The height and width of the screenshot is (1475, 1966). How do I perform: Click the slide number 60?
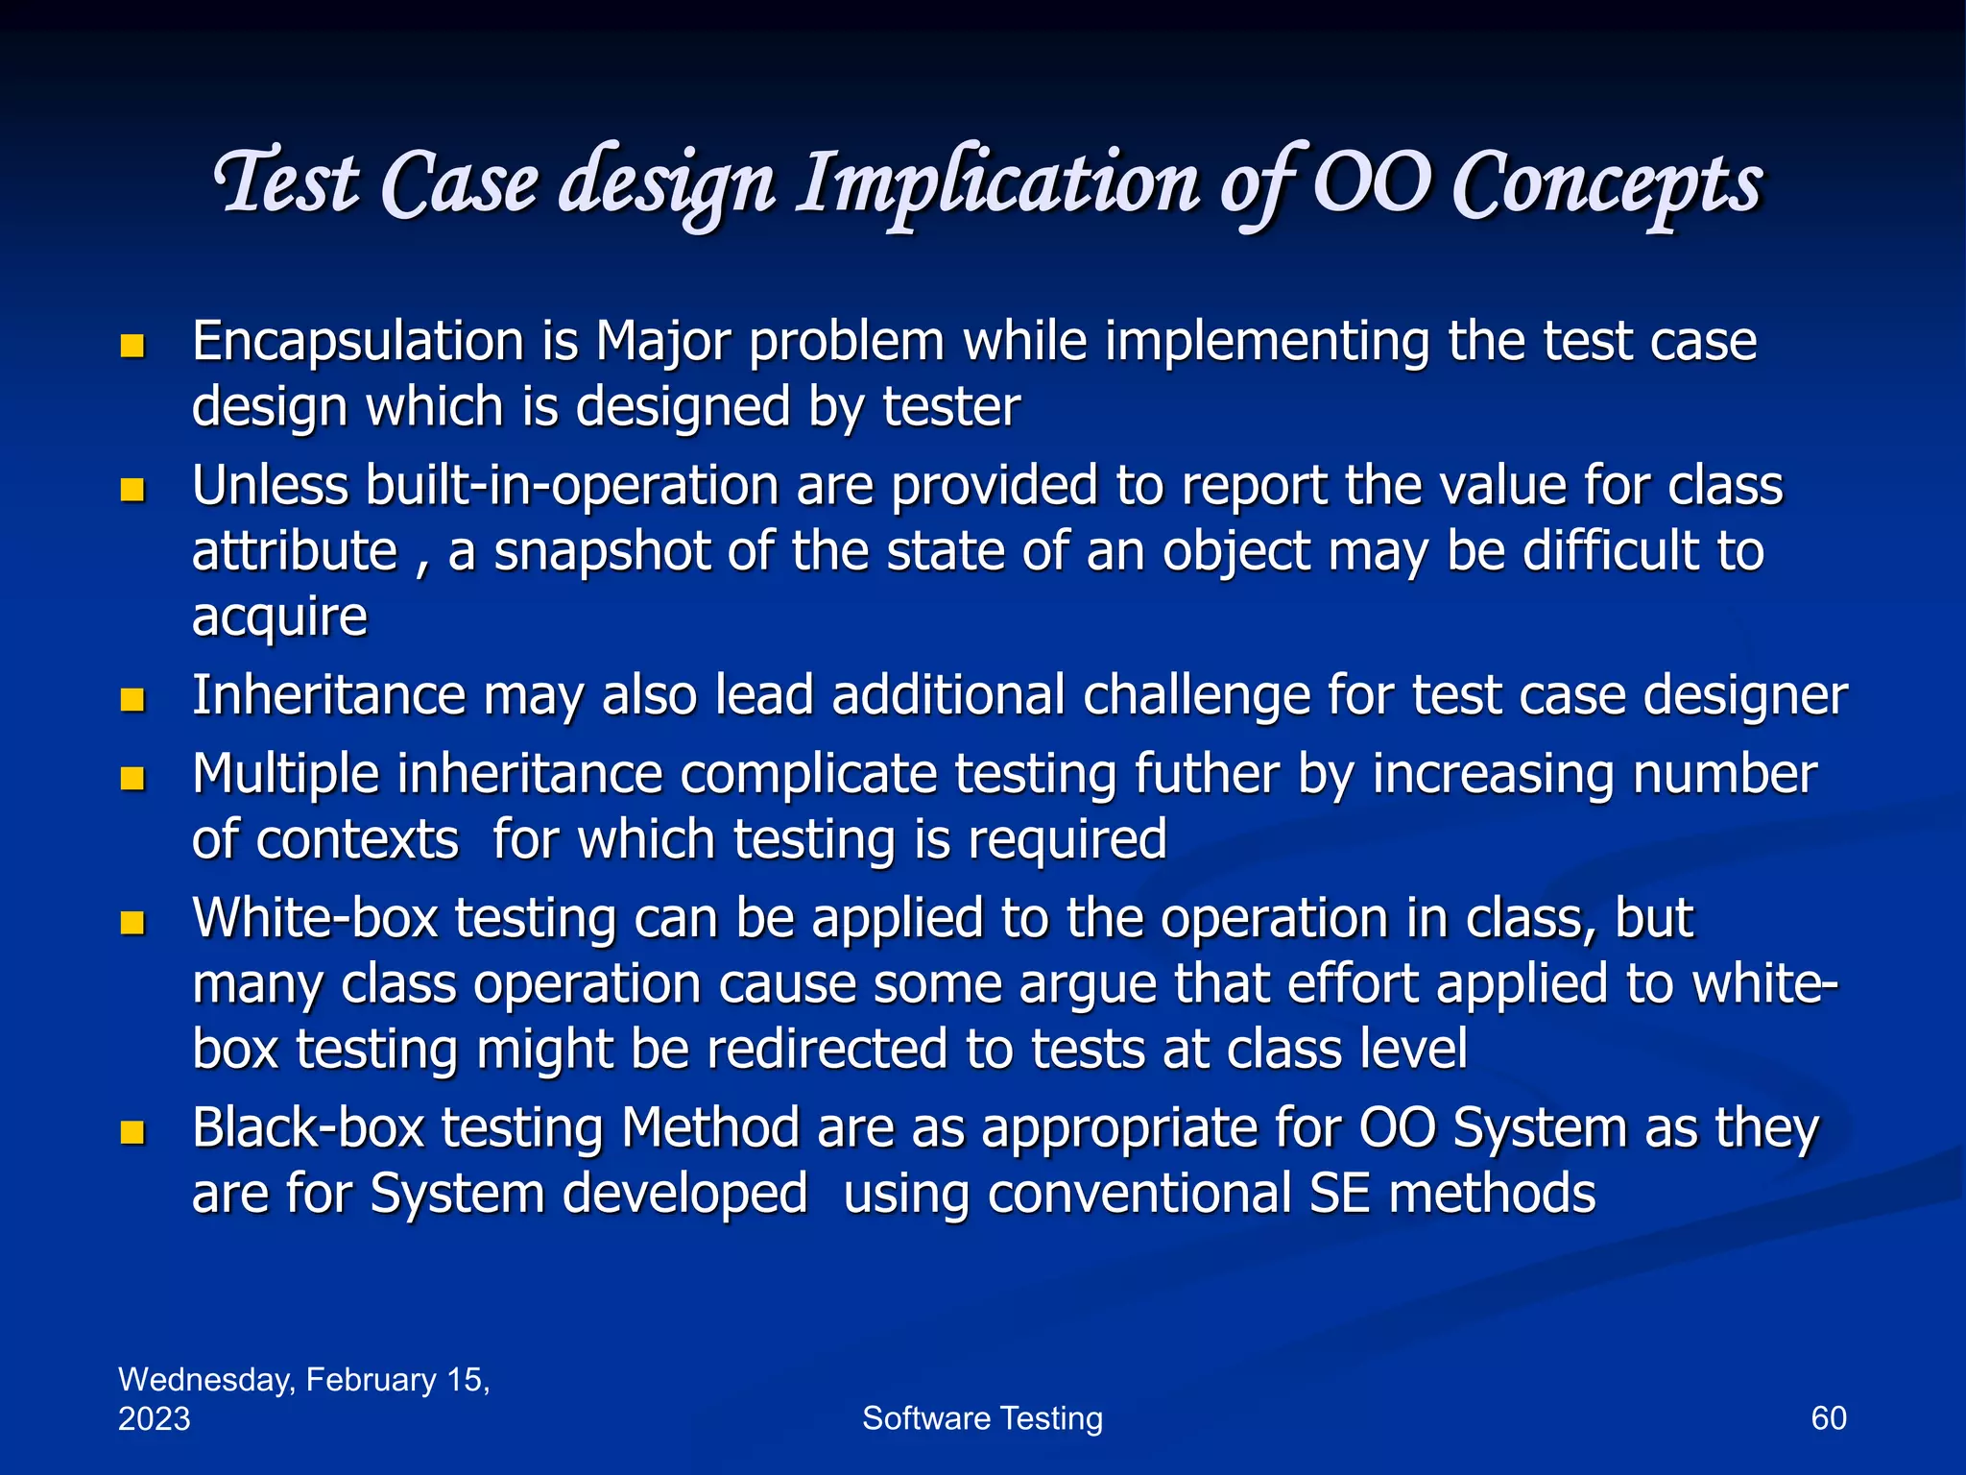pyautogui.click(x=1828, y=1418)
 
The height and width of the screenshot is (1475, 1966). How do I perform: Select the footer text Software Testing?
pyautogui.click(x=982, y=1418)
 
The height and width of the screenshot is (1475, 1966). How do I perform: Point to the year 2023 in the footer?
pyautogui.click(x=154, y=1419)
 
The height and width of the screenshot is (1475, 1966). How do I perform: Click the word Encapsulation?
pyautogui.click(x=357, y=342)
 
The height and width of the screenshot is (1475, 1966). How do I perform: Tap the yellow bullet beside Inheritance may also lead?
pyautogui.click(x=132, y=699)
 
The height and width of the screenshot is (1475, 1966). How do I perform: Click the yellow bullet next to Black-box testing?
pyautogui.click(x=132, y=1132)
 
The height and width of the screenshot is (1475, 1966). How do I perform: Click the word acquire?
pyautogui.click(x=279, y=617)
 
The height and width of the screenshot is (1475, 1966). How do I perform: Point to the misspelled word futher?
pyautogui.click(x=1207, y=774)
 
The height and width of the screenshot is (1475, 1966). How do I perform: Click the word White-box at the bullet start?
pyautogui.click(x=315, y=919)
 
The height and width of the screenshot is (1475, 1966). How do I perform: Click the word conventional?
pyautogui.click(x=1139, y=1194)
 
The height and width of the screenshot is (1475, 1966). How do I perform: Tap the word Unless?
pyautogui.click(x=270, y=486)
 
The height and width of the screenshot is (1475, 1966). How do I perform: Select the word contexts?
pyautogui.click(x=357, y=840)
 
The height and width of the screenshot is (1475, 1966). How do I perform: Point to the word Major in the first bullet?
pyautogui.click(x=661, y=342)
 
